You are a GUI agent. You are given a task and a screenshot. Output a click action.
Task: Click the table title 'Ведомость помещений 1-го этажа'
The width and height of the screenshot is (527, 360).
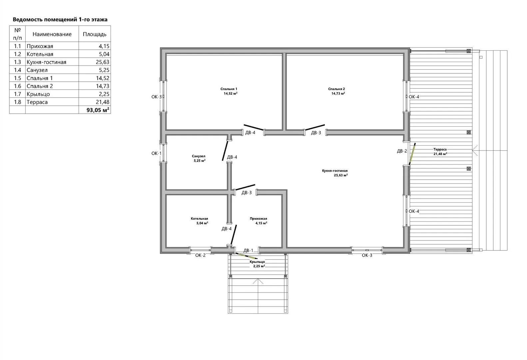[60, 19]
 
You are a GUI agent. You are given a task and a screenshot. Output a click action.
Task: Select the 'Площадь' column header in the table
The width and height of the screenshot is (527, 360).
[95, 34]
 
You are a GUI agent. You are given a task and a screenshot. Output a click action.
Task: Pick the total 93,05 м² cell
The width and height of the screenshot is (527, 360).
[98, 110]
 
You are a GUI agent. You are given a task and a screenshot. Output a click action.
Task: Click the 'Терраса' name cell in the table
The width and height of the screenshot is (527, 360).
[37, 102]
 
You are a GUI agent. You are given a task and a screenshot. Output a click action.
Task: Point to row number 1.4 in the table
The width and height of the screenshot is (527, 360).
[17, 70]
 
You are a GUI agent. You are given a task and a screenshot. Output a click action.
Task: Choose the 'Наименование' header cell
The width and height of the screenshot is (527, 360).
[52, 34]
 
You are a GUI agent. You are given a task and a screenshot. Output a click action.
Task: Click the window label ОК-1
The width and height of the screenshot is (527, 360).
[157, 153]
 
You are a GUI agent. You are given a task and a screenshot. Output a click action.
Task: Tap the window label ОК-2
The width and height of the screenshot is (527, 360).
[201, 255]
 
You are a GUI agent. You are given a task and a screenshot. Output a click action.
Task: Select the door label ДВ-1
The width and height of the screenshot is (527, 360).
[248, 250]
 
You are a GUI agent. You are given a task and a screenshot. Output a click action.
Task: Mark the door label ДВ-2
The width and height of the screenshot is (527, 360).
[402, 151]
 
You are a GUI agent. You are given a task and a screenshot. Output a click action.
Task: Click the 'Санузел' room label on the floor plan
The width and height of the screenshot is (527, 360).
[199, 156]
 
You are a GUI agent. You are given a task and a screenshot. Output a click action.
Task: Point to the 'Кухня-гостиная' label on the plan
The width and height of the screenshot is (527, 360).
[335, 171]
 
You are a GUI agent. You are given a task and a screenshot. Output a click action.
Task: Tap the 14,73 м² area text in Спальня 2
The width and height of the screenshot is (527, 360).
[338, 93]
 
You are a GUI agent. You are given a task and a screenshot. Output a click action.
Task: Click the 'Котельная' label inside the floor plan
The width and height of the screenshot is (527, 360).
[200, 218]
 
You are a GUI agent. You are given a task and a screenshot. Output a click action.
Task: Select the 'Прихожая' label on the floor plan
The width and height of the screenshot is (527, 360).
[258, 218]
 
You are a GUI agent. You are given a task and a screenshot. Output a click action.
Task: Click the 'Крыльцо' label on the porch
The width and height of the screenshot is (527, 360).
[258, 262]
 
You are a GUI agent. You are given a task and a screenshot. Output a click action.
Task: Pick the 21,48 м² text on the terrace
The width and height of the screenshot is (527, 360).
[440, 154]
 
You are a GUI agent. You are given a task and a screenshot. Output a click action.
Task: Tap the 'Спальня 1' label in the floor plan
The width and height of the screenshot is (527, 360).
[229, 89]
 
